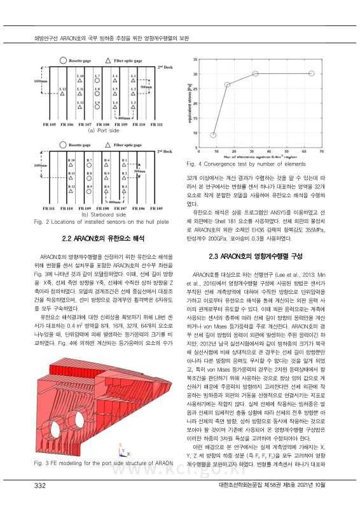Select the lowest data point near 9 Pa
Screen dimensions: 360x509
pyautogui.click(x=213, y=135)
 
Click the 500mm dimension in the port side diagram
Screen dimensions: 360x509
pyautogui.click(x=162, y=86)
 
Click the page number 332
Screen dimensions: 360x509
pyautogui.click(x=41, y=486)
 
